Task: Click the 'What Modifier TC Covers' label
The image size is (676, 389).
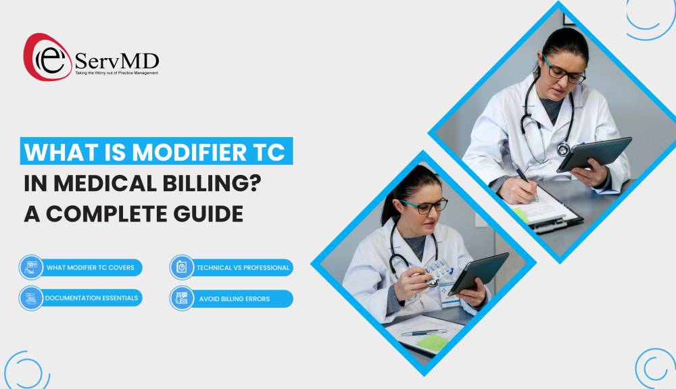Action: (90, 267)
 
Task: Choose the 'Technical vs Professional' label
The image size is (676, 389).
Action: (243, 267)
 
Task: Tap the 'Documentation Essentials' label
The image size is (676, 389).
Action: (91, 298)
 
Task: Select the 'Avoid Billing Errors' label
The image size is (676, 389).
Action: (234, 299)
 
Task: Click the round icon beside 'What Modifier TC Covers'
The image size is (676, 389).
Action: (31, 267)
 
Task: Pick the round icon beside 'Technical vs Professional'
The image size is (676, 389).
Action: (181, 267)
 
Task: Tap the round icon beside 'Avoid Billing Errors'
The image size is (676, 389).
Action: (181, 299)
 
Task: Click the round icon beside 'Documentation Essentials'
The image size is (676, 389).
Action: (31, 298)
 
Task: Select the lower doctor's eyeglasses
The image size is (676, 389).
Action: (425, 204)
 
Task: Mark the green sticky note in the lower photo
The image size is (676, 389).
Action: (432, 342)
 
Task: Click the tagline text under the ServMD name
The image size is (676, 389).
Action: (116, 72)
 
